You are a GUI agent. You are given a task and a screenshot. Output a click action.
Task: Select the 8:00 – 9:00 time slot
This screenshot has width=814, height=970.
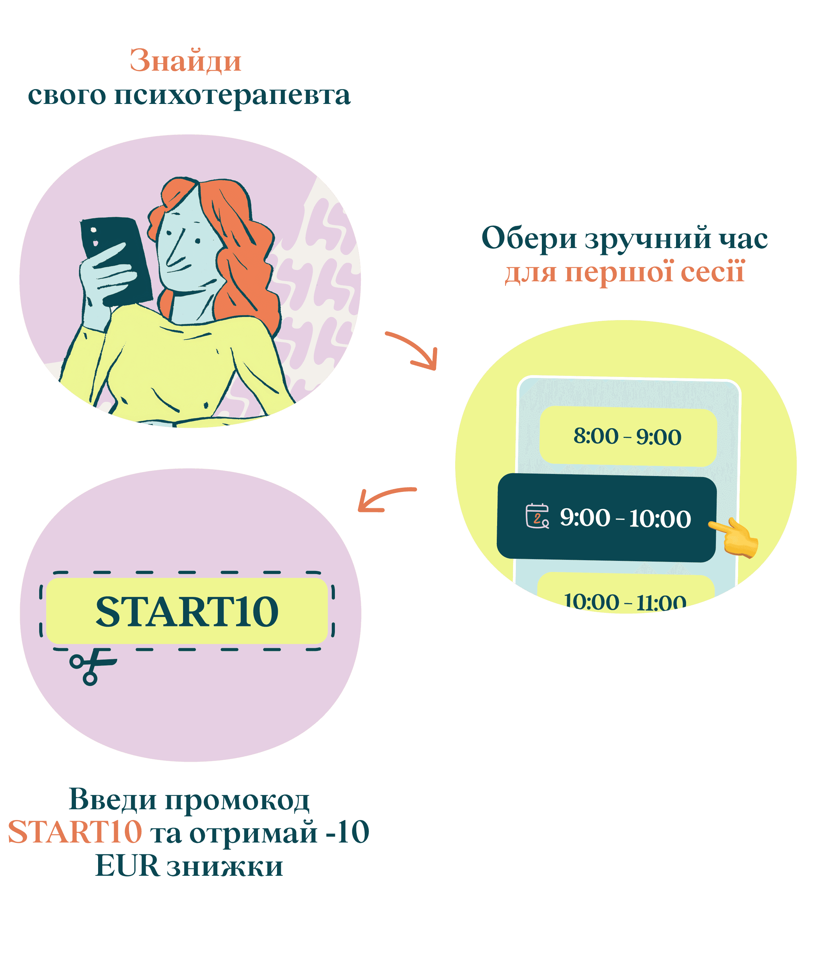coord(627,436)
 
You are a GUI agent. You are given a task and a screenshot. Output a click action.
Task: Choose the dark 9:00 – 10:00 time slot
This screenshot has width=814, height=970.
coord(606,518)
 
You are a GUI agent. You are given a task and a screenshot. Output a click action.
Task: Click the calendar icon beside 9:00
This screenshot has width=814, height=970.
coord(537,516)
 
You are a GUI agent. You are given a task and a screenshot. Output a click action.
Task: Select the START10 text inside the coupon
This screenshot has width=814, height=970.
coord(187,611)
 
